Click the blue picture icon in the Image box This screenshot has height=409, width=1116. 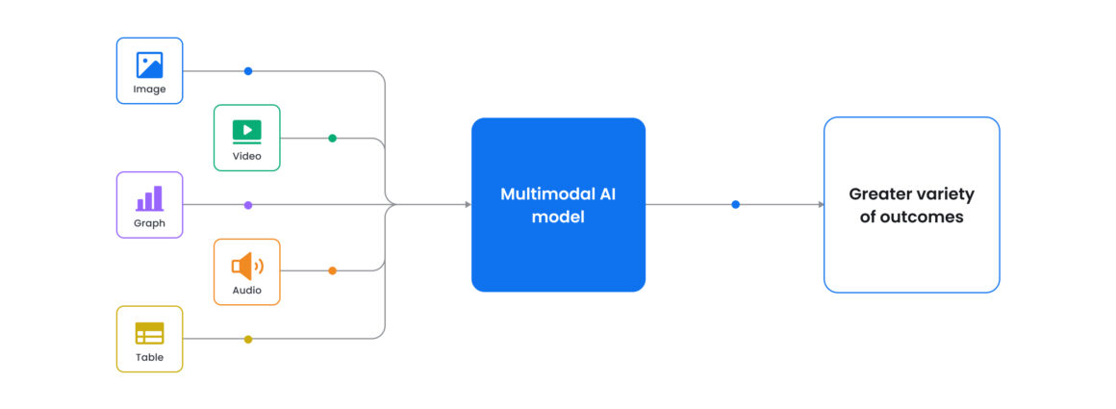(x=149, y=64)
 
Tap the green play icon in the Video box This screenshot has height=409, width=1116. (x=246, y=130)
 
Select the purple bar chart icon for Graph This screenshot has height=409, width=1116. (x=149, y=198)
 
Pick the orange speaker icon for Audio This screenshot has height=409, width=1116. (x=246, y=266)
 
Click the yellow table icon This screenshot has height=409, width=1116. (x=149, y=333)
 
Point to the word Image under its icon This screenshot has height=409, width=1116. (x=149, y=89)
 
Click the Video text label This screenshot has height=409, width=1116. (x=246, y=156)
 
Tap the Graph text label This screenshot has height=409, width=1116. (x=149, y=223)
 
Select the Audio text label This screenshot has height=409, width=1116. (x=246, y=290)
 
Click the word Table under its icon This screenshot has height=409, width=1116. (x=149, y=357)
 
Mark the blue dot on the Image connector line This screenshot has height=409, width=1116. (x=248, y=71)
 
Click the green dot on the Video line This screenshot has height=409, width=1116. (x=332, y=138)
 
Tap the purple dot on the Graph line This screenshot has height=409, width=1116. (x=248, y=205)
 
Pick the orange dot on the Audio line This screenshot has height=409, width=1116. (x=332, y=270)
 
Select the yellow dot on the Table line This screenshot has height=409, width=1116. (x=248, y=339)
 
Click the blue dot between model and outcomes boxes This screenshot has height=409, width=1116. (x=735, y=204)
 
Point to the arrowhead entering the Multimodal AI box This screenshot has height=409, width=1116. (x=468, y=204)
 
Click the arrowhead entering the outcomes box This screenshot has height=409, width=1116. (x=821, y=204)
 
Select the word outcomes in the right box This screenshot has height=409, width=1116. (x=926, y=217)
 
